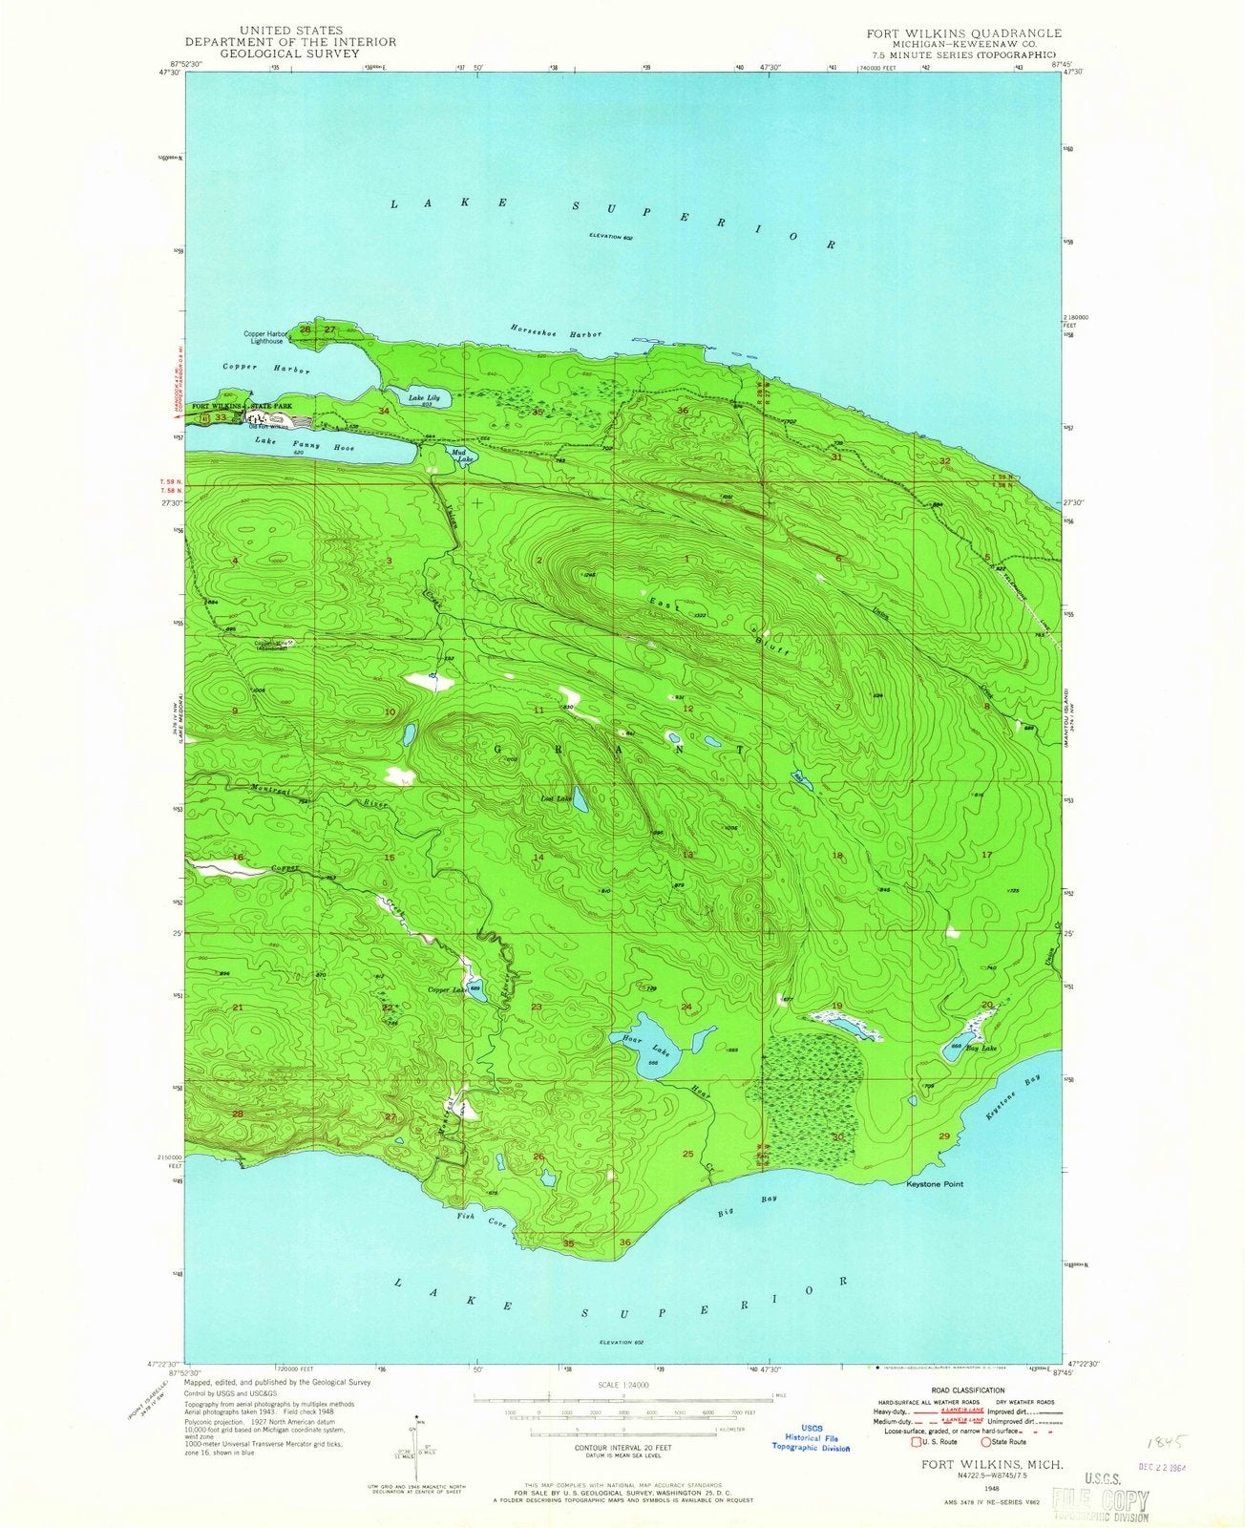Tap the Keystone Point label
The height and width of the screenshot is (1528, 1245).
935,1184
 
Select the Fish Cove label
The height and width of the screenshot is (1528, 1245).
480,1218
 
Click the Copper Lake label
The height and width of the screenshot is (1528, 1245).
447,990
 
